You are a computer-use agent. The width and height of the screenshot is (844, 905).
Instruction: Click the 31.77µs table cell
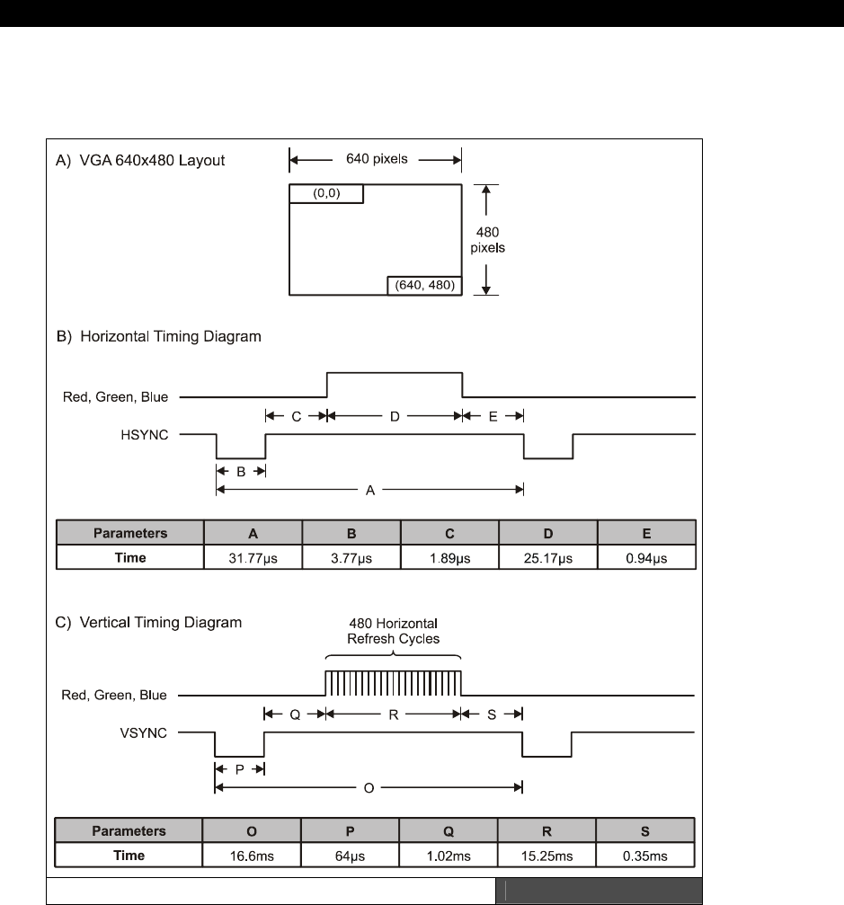(x=253, y=558)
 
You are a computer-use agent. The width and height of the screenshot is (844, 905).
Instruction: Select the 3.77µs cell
(x=351, y=558)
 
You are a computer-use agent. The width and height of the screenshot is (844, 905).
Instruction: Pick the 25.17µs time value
(x=547, y=558)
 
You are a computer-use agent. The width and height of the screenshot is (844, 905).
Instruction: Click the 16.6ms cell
(x=253, y=855)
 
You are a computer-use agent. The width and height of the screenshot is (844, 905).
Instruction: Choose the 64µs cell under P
(x=351, y=855)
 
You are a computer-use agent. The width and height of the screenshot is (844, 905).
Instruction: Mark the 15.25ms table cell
(x=547, y=855)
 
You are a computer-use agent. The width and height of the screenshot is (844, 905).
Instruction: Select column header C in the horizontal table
(x=449, y=533)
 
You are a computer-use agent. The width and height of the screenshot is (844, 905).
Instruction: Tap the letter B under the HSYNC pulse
(x=241, y=468)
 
